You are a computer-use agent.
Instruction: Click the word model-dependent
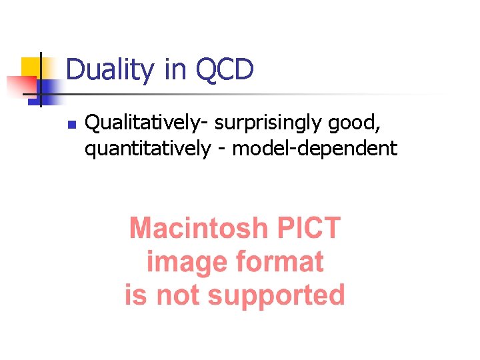click(x=314, y=148)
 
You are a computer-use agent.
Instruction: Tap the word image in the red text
click(x=181, y=262)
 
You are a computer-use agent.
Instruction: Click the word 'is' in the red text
click(x=135, y=295)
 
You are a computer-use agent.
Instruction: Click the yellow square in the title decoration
click(x=30, y=67)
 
